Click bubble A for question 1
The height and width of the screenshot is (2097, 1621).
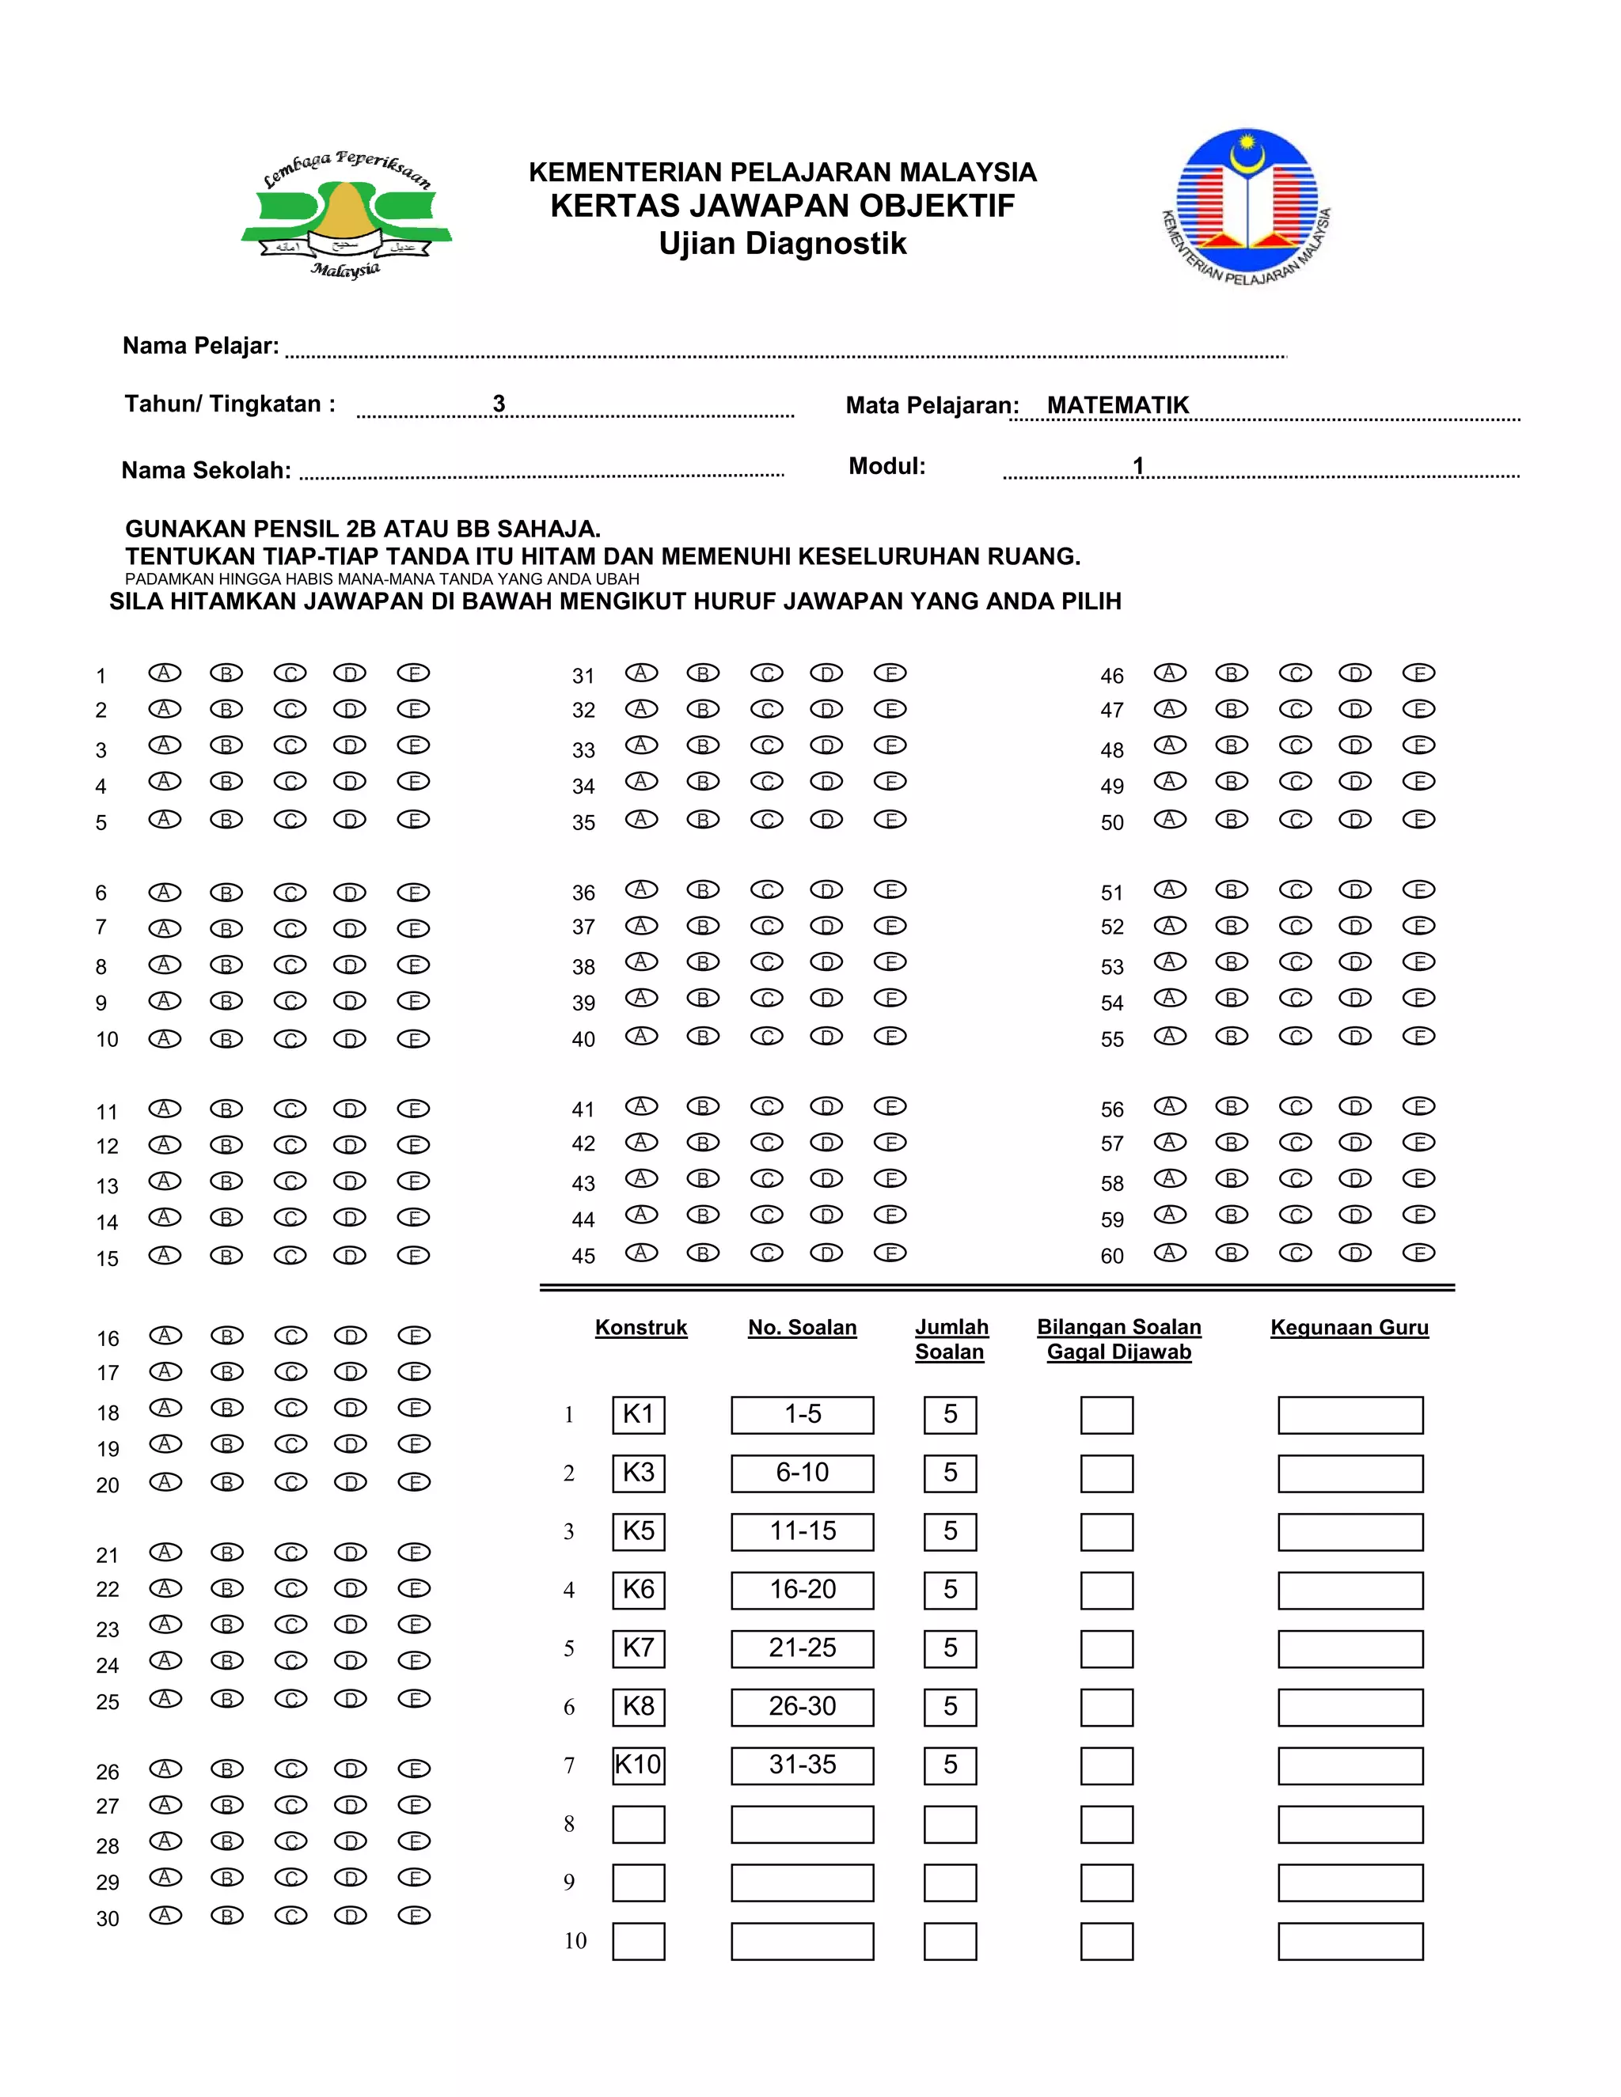164,673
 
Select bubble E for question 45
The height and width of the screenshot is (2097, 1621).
890,1253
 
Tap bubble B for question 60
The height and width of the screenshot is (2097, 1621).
1231,1253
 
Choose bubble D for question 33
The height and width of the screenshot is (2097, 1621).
826,746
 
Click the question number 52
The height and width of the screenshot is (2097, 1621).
1112,927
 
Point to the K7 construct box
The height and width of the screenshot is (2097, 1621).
639,1648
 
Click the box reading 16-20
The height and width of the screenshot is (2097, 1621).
802,1590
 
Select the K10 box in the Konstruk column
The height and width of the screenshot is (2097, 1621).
639,1765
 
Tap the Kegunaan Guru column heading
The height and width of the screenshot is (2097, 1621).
1350,1327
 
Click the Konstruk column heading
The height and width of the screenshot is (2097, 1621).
640,1327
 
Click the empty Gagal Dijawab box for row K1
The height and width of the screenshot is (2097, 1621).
1107,1416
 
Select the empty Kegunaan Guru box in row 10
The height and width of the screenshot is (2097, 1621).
1350,1941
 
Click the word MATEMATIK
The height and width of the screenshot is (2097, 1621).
1118,405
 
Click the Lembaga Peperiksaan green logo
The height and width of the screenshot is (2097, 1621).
346,216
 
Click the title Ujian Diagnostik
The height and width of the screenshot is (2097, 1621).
782,244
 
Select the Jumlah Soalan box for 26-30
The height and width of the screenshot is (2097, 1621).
950,1707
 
